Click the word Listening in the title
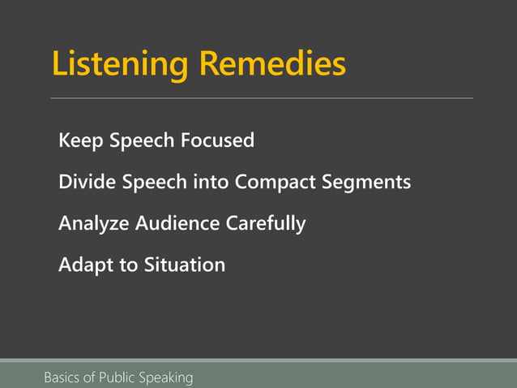tap(121, 64)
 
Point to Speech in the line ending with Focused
tap(142, 141)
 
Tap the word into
tap(211, 182)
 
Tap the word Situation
tap(185, 265)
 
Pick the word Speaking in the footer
tap(167, 377)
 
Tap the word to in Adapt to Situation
tap(128, 265)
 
